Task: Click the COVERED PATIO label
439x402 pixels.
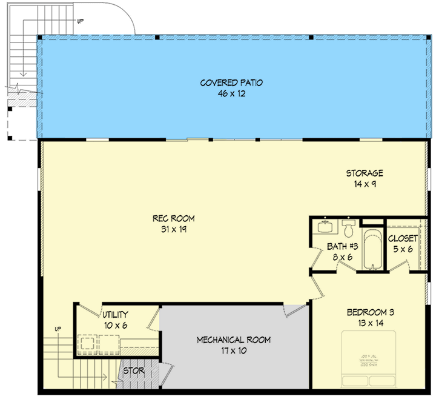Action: (x=232, y=82)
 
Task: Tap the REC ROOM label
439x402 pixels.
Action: (x=177, y=219)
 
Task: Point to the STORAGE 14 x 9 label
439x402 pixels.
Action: (x=364, y=178)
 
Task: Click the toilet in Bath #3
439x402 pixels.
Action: (x=348, y=229)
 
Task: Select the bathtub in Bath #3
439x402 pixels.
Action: (x=371, y=249)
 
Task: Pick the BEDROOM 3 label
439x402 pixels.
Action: (x=371, y=313)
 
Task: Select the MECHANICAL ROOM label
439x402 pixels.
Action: (x=234, y=340)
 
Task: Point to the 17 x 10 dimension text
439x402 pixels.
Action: (x=234, y=350)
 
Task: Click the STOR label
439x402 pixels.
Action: (x=133, y=370)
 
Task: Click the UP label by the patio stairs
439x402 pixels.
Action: (x=79, y=21)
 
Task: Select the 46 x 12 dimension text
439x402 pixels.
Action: (x=232, y=94)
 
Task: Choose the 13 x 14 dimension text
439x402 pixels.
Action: (x=371, y=323)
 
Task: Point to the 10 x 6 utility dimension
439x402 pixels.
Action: (x=114, y=326)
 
